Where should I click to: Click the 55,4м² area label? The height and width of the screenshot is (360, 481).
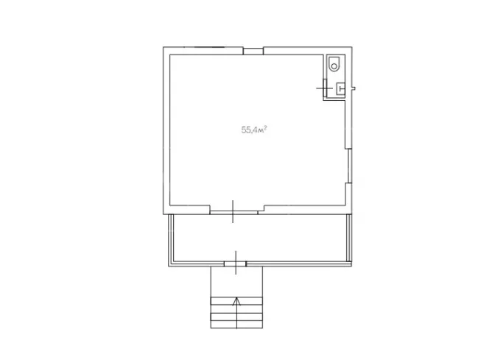click(253, 130)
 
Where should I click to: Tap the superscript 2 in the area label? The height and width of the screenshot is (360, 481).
click(265, 127)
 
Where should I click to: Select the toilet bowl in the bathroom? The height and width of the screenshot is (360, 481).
click(334, 63)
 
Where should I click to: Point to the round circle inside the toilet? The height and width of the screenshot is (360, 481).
click(334, 66)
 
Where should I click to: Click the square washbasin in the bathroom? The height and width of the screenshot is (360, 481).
click(341, 88)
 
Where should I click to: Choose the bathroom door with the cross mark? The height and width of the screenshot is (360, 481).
click(325, 88)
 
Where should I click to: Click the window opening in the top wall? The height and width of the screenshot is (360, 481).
click(253, 51)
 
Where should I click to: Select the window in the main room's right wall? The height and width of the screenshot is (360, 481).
click(349, 166)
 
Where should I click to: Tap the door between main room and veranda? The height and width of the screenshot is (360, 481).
click(234, 211)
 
